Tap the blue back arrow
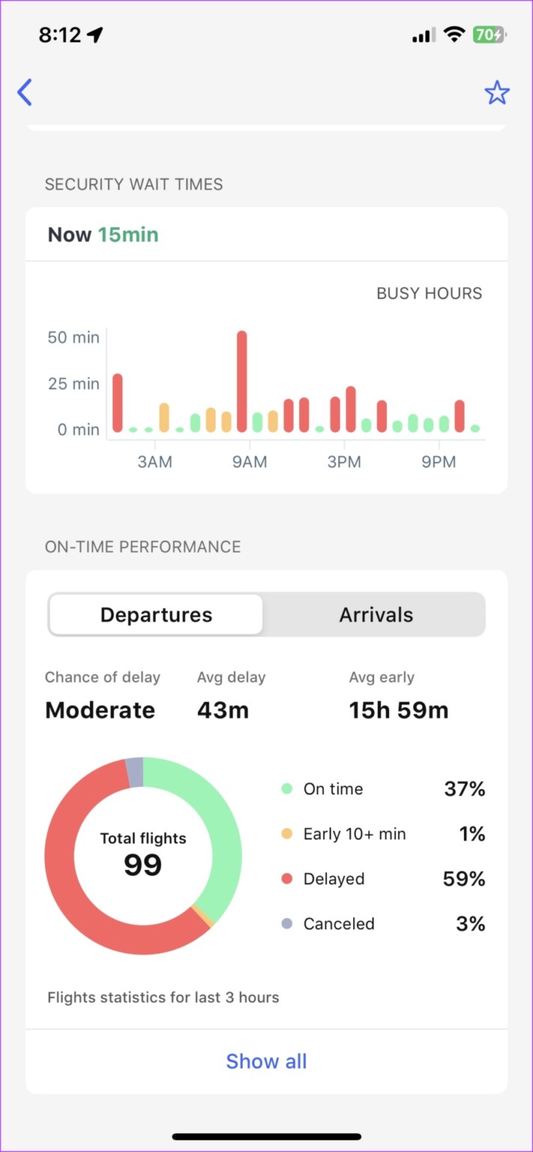tap(25, 92)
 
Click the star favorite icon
tap(496, 93)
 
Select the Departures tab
tap(156, 615)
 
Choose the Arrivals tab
tap(376, 615)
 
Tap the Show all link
tap(266, 1061)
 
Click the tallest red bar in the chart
tap(241, 381)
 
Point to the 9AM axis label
tap(250, 462)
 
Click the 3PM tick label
tap(344, 462)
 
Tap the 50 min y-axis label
tap(73, 337)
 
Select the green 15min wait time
tap(128, 235)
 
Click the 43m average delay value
tap(223, 710)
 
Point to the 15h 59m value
tap(398, 710)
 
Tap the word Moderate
tap(100, 710)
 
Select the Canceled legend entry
tap(338, 924)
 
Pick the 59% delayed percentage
tap(464, 879)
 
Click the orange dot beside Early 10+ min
tap(286, 834)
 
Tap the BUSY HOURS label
tap(429, 293)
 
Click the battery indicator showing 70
tap(489, 34)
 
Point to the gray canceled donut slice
tap(134, 772)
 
